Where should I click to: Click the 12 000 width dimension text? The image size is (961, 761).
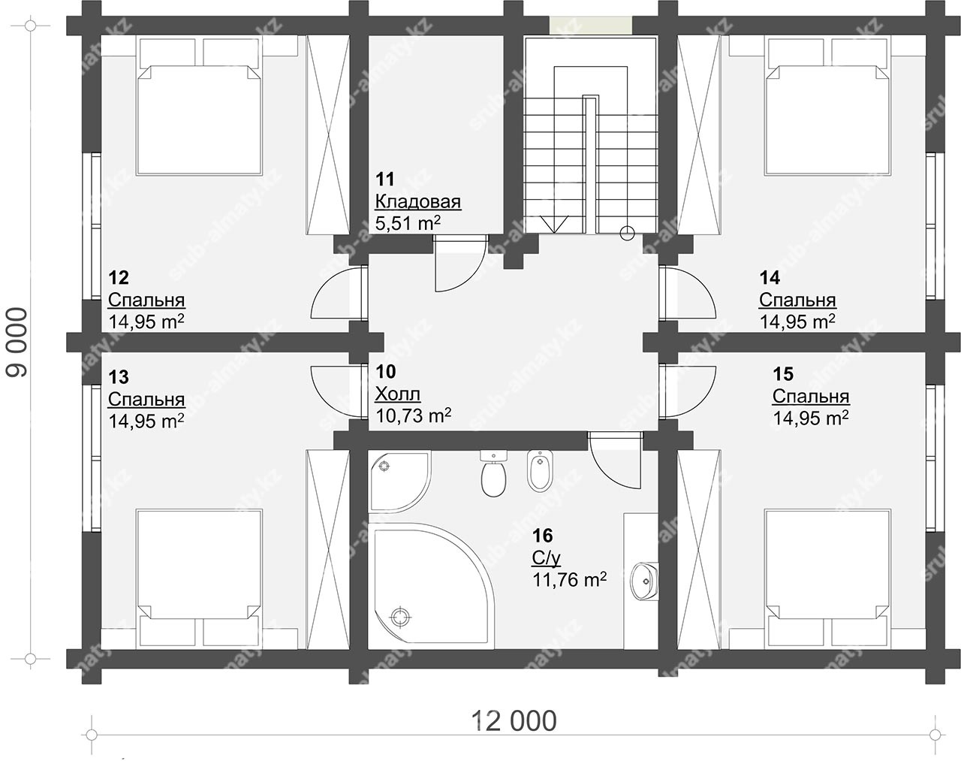[514, 720]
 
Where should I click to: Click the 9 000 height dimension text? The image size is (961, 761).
[18, 342]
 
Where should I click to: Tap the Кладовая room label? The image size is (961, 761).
[418, 201]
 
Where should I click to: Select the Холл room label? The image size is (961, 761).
[397, 394]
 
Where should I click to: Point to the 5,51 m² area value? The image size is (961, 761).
[408, 223]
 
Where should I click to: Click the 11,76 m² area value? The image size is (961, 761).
[569, 579]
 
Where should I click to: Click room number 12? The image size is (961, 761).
[119, 277]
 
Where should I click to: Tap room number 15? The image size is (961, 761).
[783, 374]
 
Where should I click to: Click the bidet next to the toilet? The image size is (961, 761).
[540, 471]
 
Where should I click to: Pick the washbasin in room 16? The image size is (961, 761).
[644, 581]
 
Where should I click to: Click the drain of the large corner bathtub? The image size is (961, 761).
[399, 617]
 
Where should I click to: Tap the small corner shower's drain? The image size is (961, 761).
[384, 466]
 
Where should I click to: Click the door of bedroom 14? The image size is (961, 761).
[688, 293]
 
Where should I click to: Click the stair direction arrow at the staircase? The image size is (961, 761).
[554, 225]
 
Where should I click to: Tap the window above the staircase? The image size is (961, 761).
[591, 26]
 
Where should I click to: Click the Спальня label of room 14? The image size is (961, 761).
[797, 300]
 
